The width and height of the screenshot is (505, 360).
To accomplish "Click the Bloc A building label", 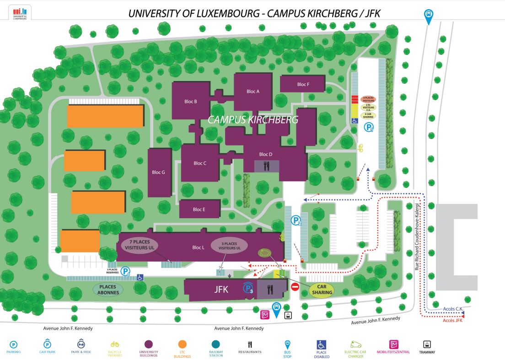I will point(253,91).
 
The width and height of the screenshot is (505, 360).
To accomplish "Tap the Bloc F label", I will point(303,84).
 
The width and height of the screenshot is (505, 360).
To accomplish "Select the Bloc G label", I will point(158,172).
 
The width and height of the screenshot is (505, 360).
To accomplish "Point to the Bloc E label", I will point(199,210).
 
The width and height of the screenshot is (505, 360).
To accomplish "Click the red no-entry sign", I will point(295,287).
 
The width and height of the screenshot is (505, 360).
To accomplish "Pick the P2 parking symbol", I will point(296,221).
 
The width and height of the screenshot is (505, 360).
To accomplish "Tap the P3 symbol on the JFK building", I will point(248,289).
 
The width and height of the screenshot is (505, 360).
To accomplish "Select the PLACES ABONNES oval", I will point(108,290).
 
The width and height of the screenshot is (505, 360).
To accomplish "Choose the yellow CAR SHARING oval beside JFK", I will point(321,290).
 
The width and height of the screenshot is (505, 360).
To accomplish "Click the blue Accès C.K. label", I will point(453,309).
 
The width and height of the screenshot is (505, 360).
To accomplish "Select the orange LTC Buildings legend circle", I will point(183,344).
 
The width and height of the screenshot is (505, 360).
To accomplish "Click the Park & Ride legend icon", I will point(81,344).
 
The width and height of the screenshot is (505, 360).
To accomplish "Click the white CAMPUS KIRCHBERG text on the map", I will point(253,120).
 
